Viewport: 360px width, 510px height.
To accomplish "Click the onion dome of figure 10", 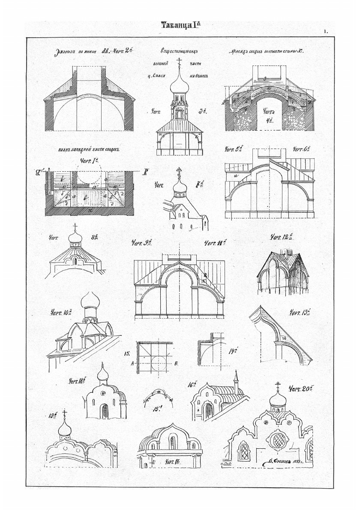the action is pos(91,303).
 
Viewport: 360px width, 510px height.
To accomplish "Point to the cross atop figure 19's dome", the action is pos(65,413).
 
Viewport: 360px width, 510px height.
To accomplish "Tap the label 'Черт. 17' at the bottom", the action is pos(174,462).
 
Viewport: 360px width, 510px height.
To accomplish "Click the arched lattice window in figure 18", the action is pos(105,412).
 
